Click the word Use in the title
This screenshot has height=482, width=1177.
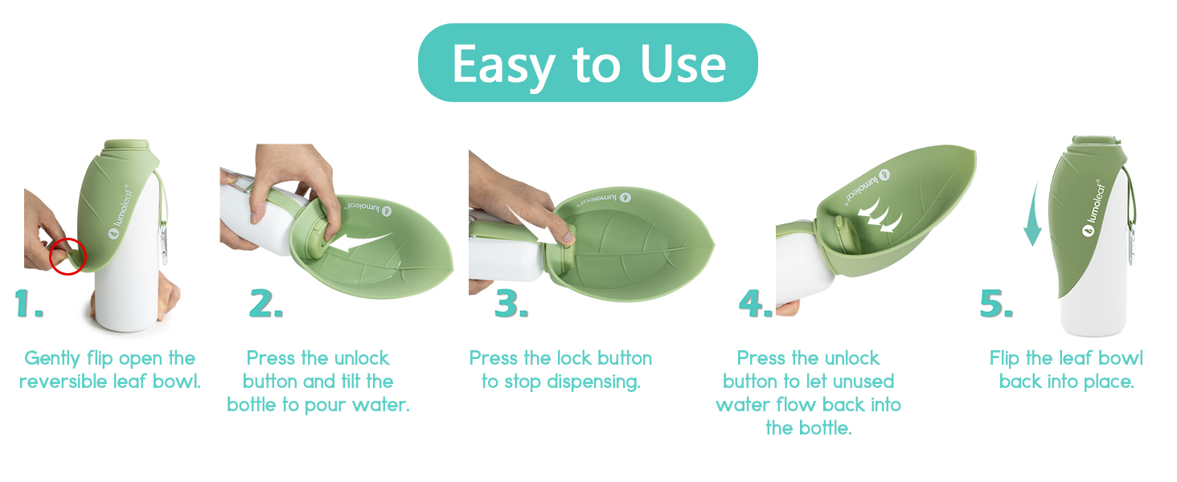click(683, 64)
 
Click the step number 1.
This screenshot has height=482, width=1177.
click(29, 304)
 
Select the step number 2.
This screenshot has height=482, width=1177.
click(266, 304)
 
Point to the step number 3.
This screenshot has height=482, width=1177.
click(511, 304)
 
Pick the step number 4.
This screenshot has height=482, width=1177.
click(756, 304)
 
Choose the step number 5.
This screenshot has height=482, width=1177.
click(996, 304)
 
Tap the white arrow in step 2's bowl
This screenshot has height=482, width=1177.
click(363, 242)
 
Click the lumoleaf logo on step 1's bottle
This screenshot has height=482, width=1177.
click(121, 212)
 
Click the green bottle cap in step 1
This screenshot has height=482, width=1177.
click(127, 145)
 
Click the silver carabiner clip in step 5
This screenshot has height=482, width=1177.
click(1131, 246)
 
